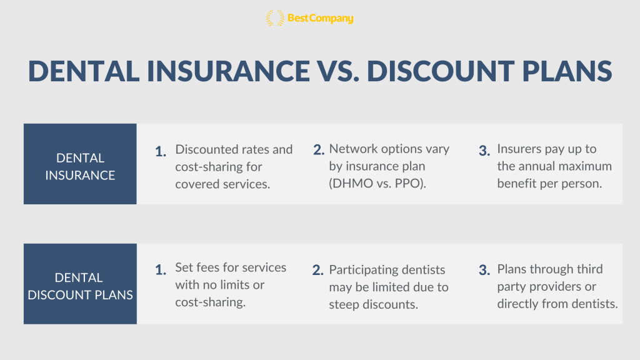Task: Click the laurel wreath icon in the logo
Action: click(275, 18)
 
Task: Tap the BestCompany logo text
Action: click(321, 18)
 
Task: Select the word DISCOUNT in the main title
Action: click(441, 71)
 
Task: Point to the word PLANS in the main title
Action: click(567, 71)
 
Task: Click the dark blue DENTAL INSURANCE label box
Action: click(80, 164)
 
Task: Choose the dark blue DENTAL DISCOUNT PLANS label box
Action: click(80, 284)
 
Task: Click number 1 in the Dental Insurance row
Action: click(161, 152)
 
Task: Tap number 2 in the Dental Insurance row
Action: click(319, 150)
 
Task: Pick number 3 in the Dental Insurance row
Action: click(484, 151)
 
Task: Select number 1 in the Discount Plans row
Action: click(161, 270)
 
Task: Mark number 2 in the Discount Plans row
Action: click(318, 270)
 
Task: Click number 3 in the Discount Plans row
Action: click(484, 270)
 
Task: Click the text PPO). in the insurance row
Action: click(410, 184)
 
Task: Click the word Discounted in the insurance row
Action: click(205, 149)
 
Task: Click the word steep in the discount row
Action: click(344, 305)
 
